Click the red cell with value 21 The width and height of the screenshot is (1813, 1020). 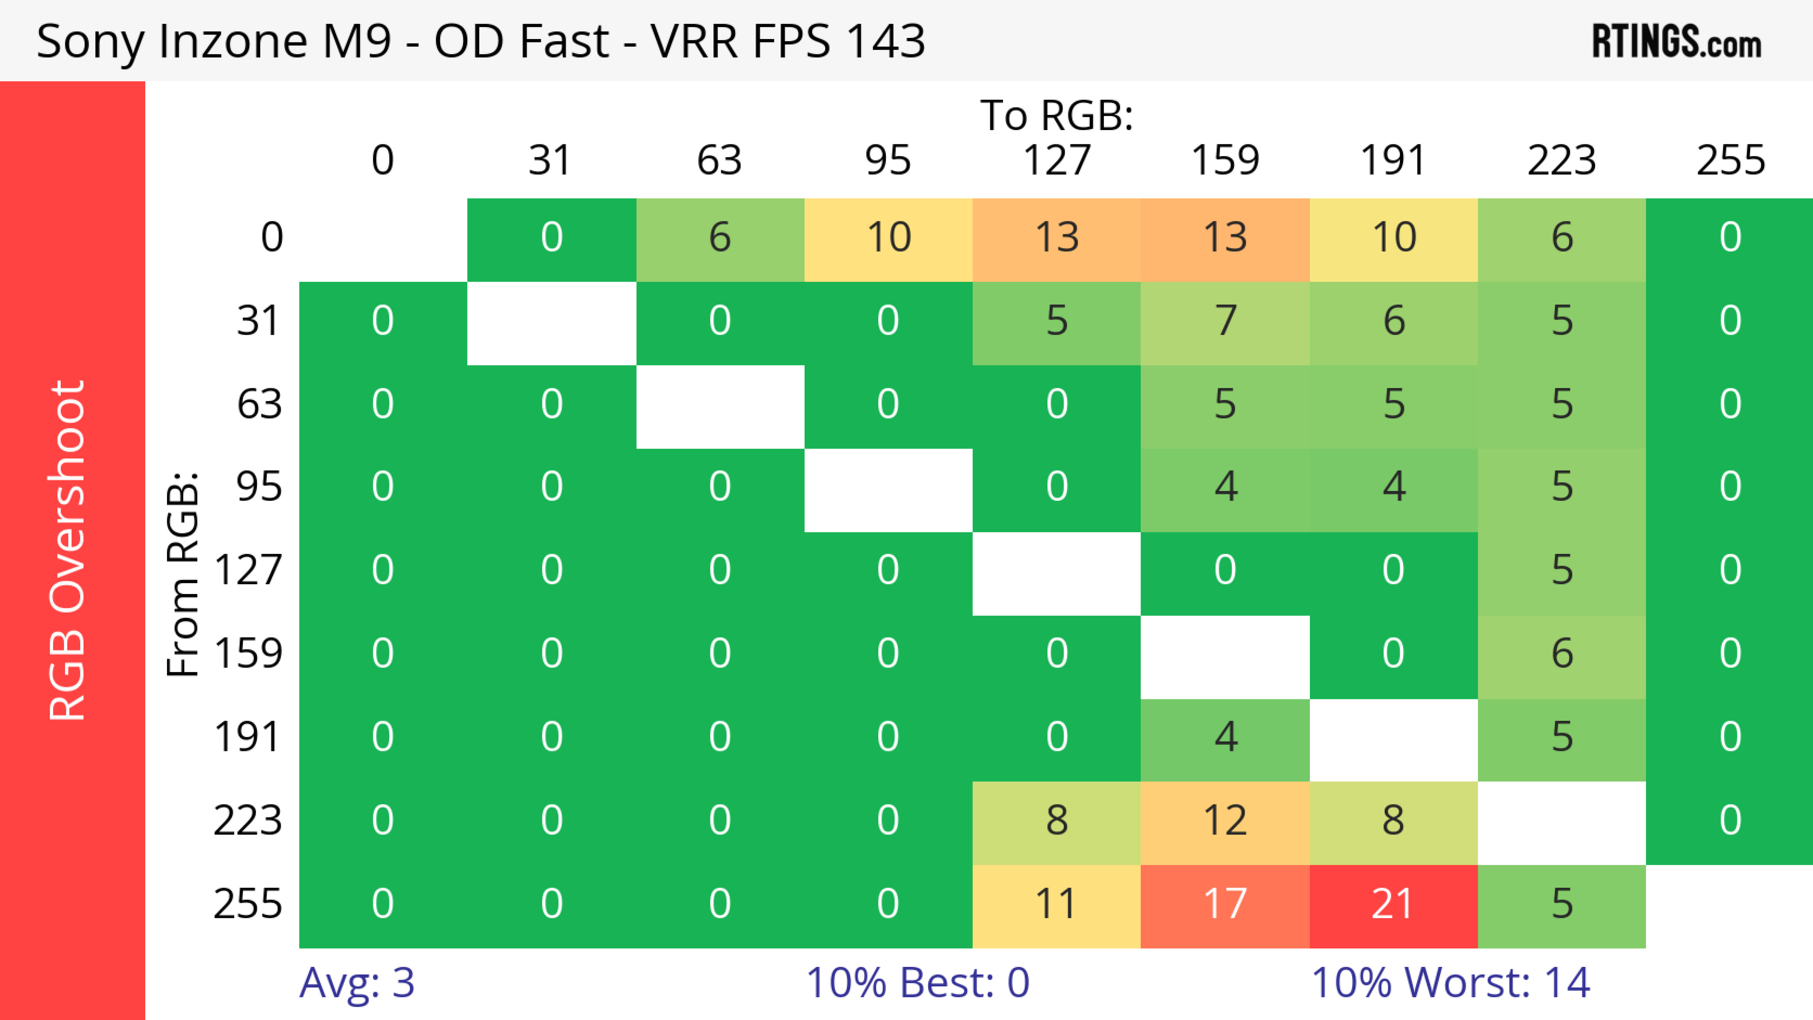pyautogui.click(x=1393, y=905)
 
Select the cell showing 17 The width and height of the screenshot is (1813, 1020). pyautogui.click(x=1225, y=905)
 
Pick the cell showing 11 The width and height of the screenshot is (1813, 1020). pyautogui.click(x=1057, y=905)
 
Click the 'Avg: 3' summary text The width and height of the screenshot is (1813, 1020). pyautogui.click(x=357, y=983)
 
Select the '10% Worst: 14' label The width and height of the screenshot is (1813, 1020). pyautogui.click(x=1450, y=983)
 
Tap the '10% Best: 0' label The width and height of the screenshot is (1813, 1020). pyautogui.click(x=917, y=983)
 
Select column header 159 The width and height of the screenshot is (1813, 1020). pyautogui.click(x=1225, y=160)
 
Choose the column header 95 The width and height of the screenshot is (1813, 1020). pyautogui.click(x=888, y=160)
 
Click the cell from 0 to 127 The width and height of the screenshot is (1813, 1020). pyautogui.click(x=1057, y=238)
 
